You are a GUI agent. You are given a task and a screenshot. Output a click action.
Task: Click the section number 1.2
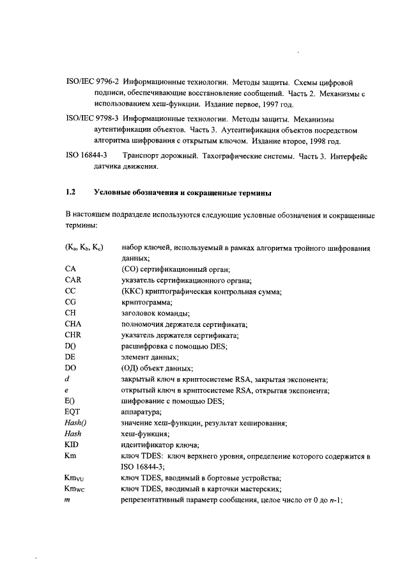(71, 192)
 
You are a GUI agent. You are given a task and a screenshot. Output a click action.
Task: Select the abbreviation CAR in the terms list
(73, 280)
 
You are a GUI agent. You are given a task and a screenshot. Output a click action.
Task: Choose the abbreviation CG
(71, 301)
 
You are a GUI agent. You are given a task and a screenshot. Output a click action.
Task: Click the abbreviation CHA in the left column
(73, 324)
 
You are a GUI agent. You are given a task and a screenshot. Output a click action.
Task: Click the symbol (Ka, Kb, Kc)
(84, 247)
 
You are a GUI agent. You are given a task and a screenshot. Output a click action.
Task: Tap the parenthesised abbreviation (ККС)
(132, 291)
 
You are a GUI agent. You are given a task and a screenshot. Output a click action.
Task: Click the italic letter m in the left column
(68, 500)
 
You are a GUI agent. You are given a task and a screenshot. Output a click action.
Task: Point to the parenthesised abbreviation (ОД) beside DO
(130, 369)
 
